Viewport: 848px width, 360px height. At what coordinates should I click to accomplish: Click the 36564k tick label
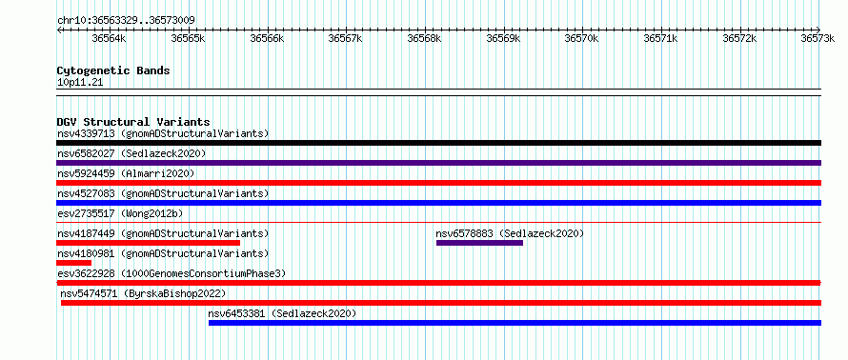pyautogui.click(x=109, y=38)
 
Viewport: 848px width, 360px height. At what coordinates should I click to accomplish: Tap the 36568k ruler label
pyautogui.click(x=425, y=38)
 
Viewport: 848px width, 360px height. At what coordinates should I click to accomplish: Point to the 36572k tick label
pyautogui.click(x=740, y=38)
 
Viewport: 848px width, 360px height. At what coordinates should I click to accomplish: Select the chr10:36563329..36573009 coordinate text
pyautogui.click(x=126, y=21)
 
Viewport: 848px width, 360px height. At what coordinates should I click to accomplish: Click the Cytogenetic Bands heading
pyautogui.click(x=113, y=70)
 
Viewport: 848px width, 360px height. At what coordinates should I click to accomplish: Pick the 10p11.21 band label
pyautogui.click(x=80, y=83)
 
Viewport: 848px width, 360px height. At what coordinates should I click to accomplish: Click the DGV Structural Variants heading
pyautogui.click(x=133, y=122)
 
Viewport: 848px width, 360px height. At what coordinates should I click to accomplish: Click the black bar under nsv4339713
pyautogui.click(x=438, y=143)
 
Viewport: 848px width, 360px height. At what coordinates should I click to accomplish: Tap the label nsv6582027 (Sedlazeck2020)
pyautogui.click(x=131, y=153)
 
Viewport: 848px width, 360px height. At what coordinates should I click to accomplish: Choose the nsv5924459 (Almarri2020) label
pyautogui.click(x=126, y=173)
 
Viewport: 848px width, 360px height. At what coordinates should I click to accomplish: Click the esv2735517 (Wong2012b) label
pyautogui.click(x=120, y=213)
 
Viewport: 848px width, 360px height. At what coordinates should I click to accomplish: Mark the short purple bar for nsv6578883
pyautogui.click(x=479, y=243)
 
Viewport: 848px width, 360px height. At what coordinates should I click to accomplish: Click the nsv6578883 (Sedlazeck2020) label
pyautogui.click(x=510, y=233)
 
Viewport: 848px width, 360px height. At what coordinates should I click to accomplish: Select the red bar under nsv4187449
pyautogui.click(x=149, y=243)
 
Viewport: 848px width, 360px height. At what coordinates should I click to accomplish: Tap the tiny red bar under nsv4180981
pyautogui.click(x=73, y=263)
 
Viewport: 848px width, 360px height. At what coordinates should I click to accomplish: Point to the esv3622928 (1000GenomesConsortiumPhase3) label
pyautogui.click(x=172, y=273)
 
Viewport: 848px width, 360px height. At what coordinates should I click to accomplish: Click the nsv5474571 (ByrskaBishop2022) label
pyautogui.click(x=143, y=293)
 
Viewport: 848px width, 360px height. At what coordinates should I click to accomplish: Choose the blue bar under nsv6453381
pyautogui.click(x=515, y=323)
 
